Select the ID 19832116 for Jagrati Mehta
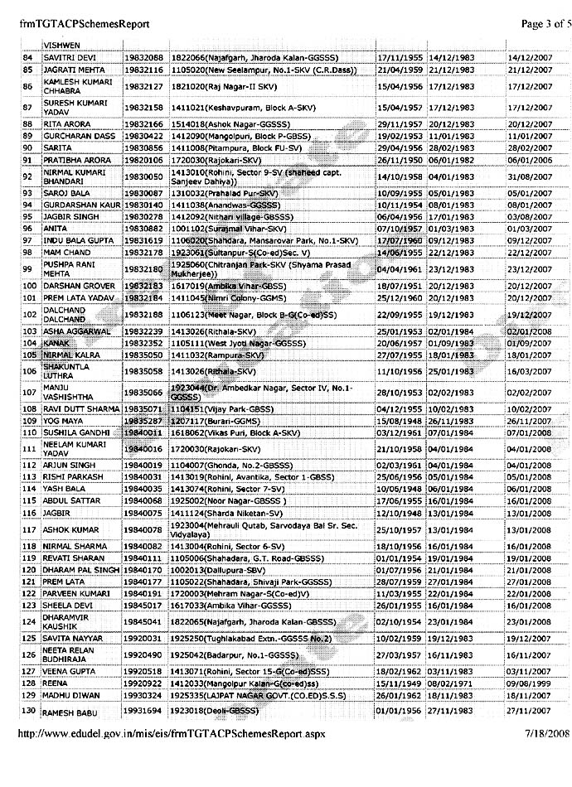click(143, 71)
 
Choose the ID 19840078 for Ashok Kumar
click(143, 529)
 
